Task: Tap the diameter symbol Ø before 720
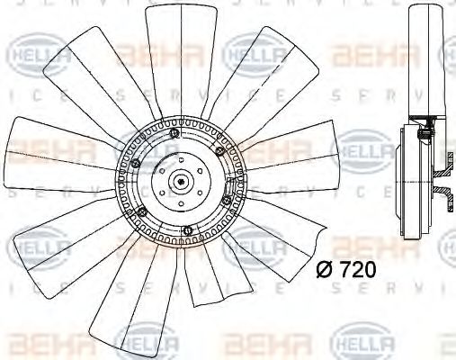coord(326,267)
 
